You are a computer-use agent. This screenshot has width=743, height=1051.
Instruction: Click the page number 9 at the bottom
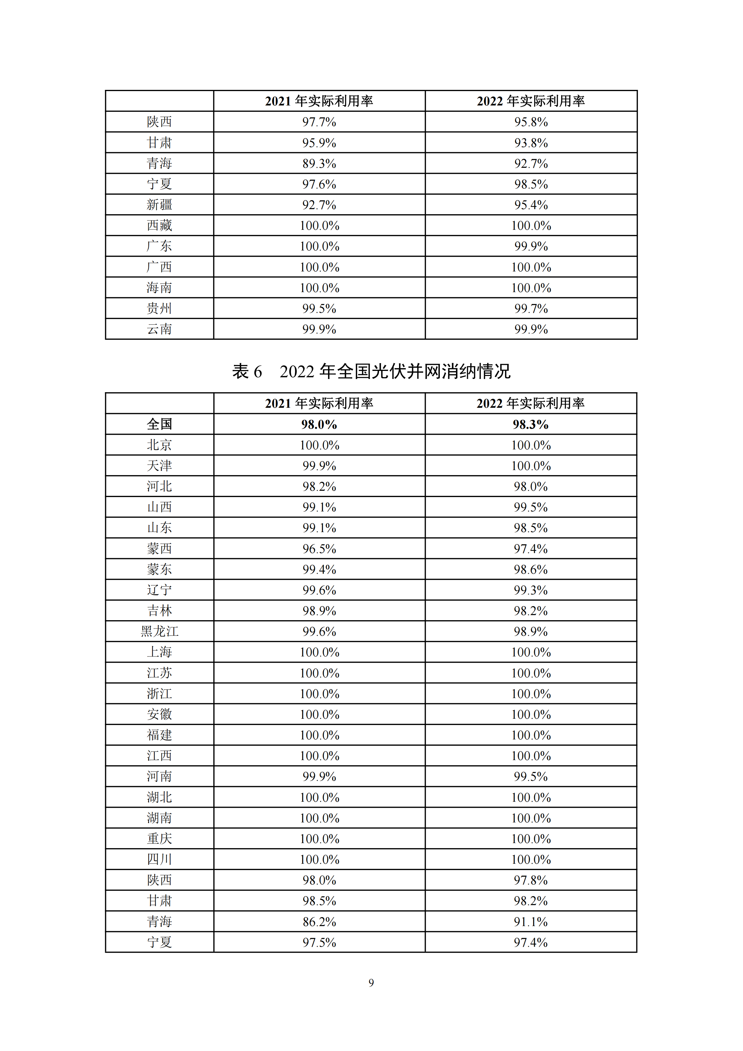371,983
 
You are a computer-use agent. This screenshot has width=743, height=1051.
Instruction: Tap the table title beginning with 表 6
371,371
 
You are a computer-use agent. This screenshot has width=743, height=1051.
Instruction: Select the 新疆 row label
159,205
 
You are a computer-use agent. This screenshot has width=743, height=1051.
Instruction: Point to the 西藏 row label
159,225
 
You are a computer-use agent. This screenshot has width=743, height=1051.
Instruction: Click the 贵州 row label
159,308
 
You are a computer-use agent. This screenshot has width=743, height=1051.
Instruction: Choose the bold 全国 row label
159,424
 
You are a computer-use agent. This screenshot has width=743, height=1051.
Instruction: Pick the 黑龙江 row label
159,631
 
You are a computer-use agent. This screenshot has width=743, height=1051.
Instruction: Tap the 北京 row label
159,445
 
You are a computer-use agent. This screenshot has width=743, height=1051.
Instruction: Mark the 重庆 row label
159,839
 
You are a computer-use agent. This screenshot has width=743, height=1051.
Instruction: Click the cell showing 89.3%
319,163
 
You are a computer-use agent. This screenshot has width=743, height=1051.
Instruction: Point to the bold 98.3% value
531,424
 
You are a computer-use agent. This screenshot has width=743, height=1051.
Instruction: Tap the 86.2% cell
319,922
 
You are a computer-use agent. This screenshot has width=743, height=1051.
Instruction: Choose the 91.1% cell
531,922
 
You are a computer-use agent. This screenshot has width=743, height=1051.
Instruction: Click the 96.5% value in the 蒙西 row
319,548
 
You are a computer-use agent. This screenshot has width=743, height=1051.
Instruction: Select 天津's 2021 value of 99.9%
319,466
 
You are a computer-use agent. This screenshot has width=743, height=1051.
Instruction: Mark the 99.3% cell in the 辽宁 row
531,590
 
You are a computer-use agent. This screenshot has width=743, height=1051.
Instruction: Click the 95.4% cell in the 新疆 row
531,205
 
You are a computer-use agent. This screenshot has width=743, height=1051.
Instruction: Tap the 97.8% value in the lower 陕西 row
531,880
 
